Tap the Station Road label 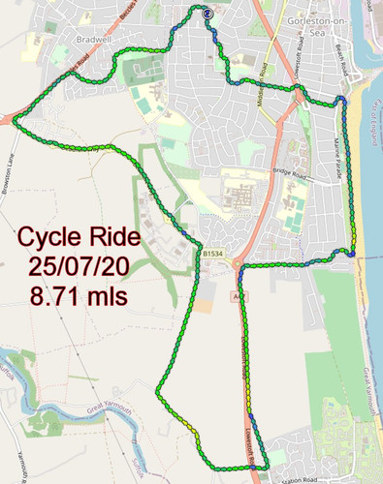pyautogui.click(x=297, y=478)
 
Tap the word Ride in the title pyautogui.click(x=114, y=237)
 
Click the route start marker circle pyautogui.click(x=207, y=14)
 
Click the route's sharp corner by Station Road pyautogui.click(x=256, y=468)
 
